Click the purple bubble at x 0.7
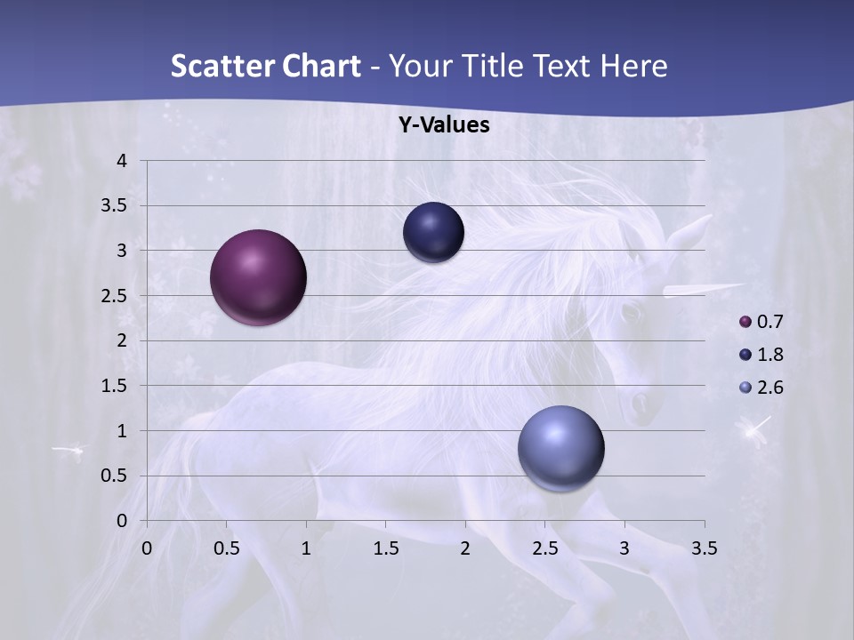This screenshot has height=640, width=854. pos(258,277)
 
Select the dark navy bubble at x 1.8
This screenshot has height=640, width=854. pos(433,233)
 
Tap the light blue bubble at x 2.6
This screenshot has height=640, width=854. pos(560,449)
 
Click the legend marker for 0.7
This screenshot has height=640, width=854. pos(745,322)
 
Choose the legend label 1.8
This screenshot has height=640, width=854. pos(770,355)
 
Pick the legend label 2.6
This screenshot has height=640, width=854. pos(770,388)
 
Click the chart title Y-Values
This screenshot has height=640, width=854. pos(443,125)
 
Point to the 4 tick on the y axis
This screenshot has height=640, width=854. pos(123,161)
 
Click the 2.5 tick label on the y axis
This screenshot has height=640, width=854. pos(114,296)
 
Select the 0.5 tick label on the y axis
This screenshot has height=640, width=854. pos(114,476)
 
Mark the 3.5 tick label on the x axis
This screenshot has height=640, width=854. pos(704,548)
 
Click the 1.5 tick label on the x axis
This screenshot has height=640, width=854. pos(385,548)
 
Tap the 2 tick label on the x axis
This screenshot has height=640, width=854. pos(465,548)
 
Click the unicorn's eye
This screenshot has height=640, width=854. pos(630,312)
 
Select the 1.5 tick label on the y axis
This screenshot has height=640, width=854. pos(114,386)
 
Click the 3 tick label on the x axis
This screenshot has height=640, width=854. pos(624,548)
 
